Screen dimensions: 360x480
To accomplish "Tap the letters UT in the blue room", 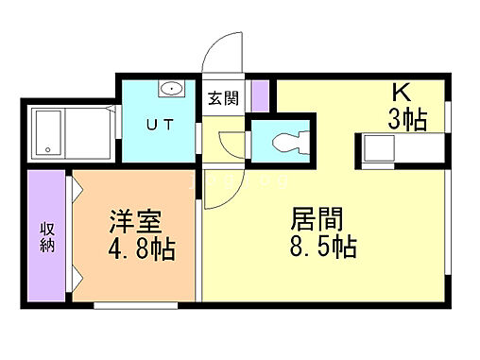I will click(x=156, y=124).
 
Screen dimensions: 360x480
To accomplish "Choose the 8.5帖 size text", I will click(x=323, y=248).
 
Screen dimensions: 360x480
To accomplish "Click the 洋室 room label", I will click(x=137, y=223).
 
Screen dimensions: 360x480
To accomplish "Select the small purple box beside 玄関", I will click(x=260, y=96).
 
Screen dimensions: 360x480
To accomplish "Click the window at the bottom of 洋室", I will click(x=135, y=305).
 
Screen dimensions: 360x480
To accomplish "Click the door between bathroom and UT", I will click(x=116, y=130).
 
